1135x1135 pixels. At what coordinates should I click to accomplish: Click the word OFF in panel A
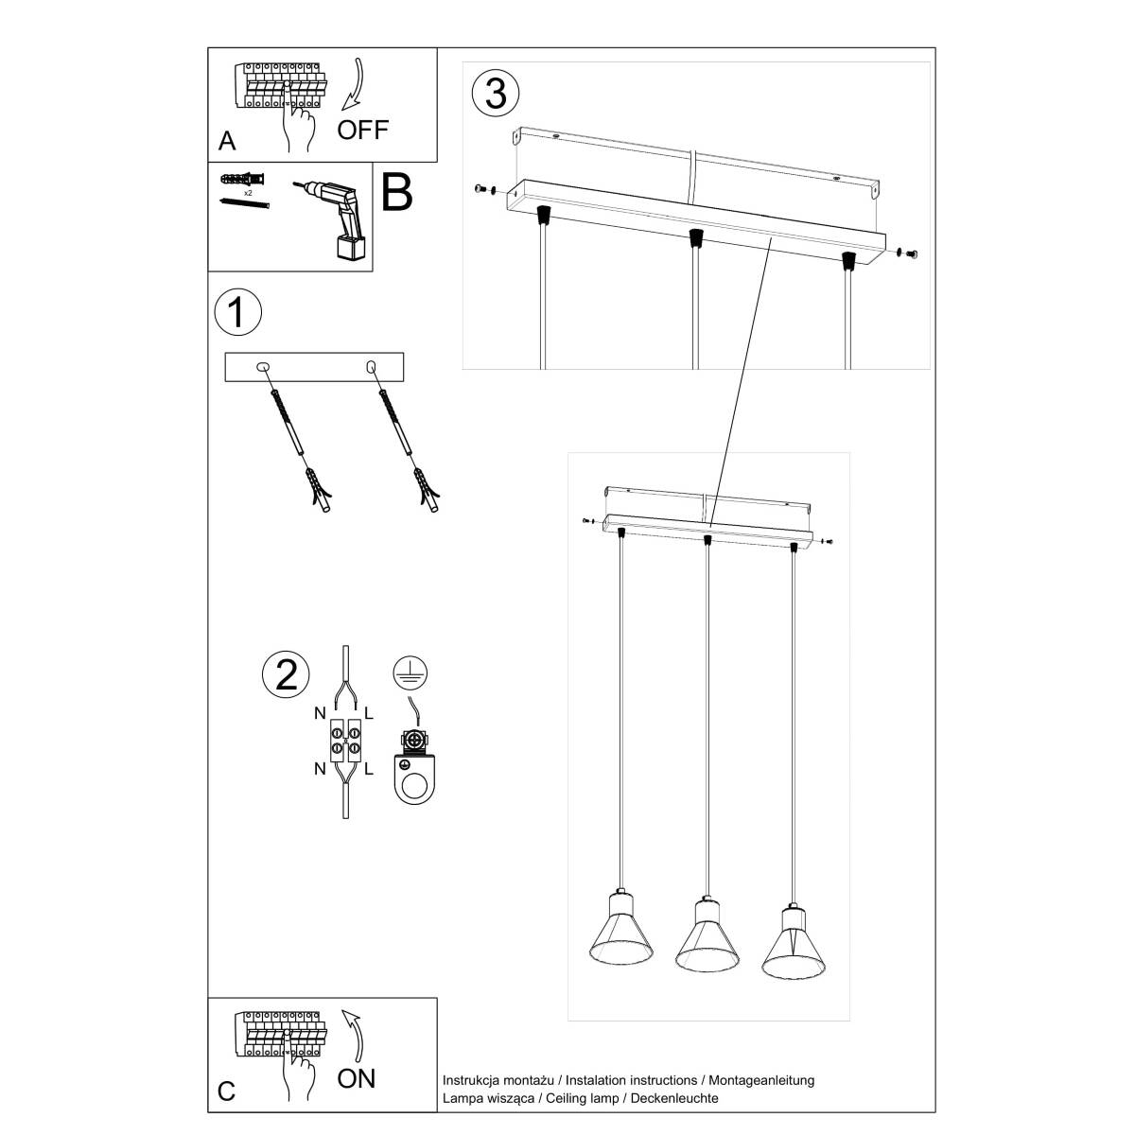point(362,130)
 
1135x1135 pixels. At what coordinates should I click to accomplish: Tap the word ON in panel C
point(356,1077)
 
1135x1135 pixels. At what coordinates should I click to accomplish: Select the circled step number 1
point(236,313)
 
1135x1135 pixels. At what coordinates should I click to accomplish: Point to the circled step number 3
point(496,93)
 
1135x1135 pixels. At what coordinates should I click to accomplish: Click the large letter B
point(396,192)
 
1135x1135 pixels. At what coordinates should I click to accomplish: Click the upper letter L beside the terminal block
point(369,715)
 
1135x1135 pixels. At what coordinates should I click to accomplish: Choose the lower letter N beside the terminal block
point(320,769)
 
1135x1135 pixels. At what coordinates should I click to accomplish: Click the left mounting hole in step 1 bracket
point(263,366)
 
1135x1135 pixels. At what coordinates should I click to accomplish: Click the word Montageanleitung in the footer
point(759,1080)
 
